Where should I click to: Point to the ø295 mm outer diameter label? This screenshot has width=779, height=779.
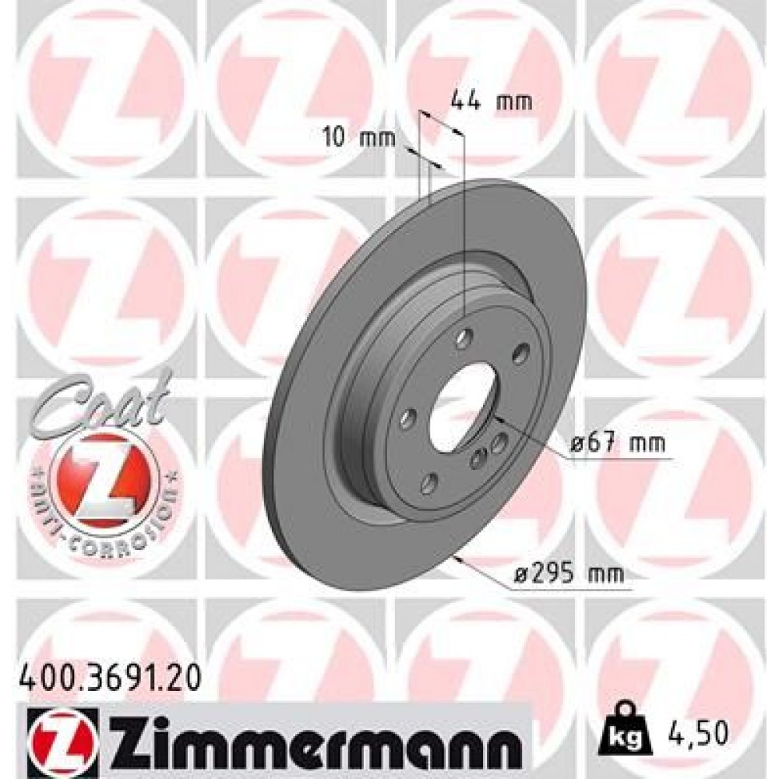(x=573, y=575)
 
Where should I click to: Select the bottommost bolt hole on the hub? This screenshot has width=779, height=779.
(x=428, y=483)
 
